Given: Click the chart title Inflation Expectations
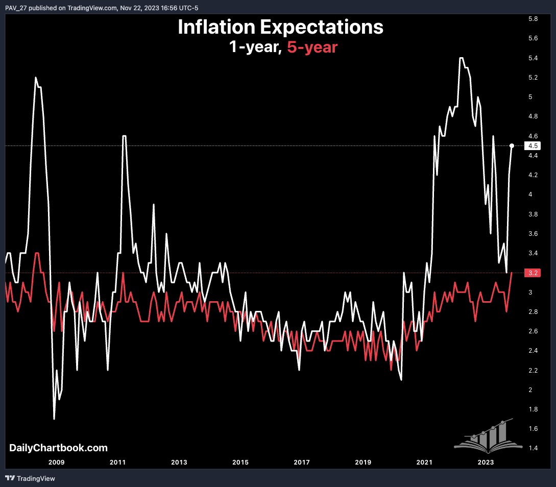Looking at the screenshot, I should pos(280,27).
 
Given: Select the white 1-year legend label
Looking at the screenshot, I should pos(254,47).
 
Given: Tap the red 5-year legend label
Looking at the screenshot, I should pos(312,47).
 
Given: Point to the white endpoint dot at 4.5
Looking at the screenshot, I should pos(512,146).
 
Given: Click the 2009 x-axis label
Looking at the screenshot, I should pos(56,462).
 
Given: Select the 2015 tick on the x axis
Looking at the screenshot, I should pos(240,462).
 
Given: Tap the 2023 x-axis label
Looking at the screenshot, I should pos(486,462).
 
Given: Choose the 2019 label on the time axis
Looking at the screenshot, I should pos(363,462).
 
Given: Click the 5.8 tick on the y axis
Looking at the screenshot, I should pos(534,19).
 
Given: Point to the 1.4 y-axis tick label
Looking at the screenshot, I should pos(534,448).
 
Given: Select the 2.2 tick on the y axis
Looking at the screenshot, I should pos(534,370).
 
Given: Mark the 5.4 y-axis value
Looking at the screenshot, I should pos(534,58).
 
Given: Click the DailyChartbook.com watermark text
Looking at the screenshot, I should pos(58,448).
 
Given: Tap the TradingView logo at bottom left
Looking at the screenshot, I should pos(30,478).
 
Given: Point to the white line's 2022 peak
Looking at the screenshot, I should pos(462,58).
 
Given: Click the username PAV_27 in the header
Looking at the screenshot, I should pos(16,8).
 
